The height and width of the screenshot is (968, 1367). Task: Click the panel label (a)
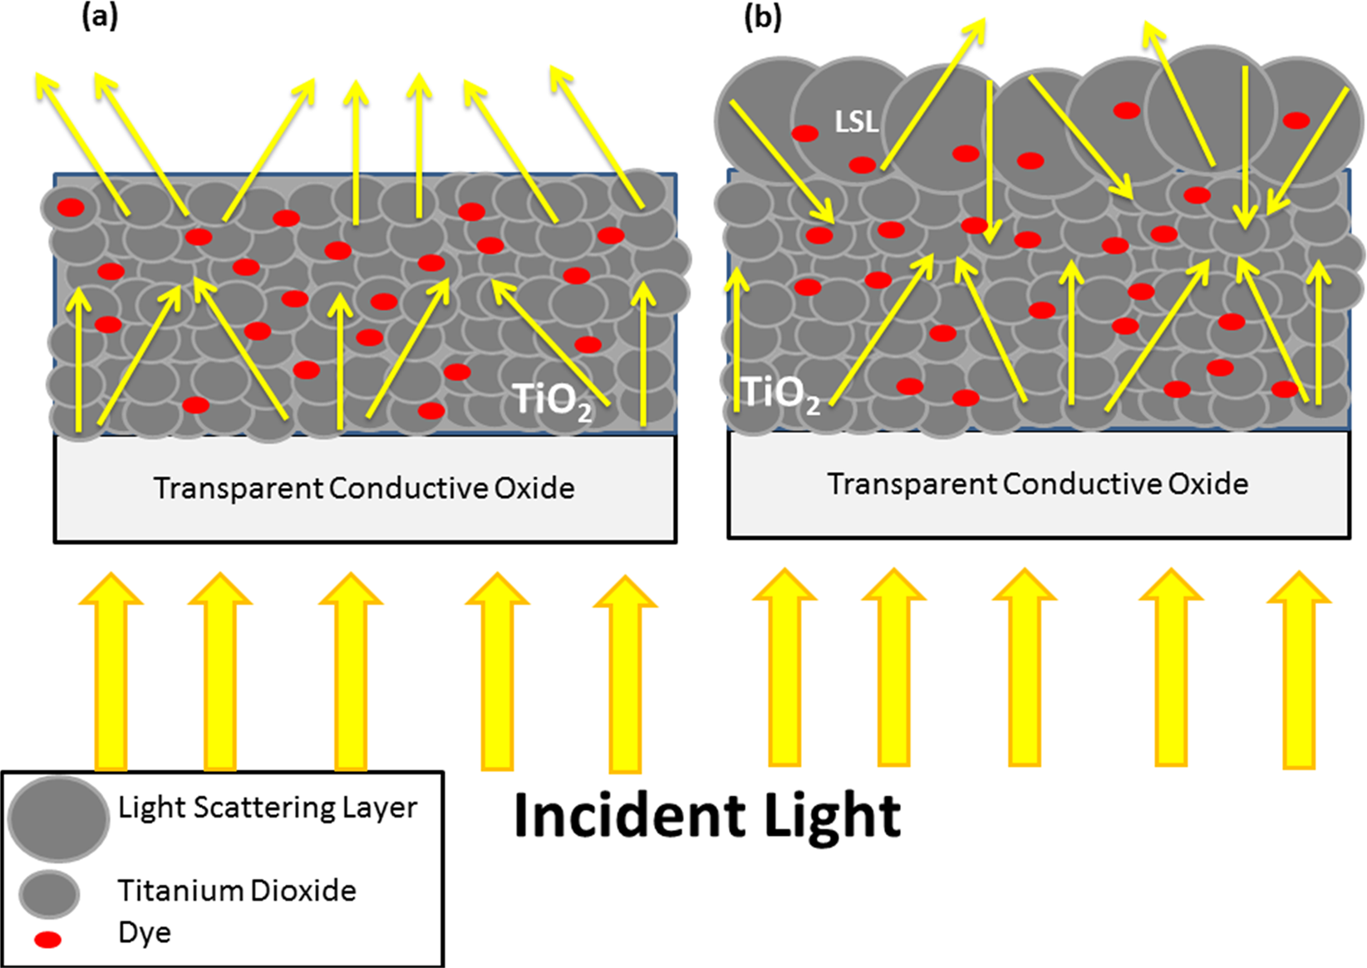click(x=101, y=16)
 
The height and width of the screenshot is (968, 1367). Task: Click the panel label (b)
click(x=763, y=16)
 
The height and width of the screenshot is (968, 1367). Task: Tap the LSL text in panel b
click(x=857, y=122)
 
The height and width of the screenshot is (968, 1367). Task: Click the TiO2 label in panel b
click(x=779, y=393)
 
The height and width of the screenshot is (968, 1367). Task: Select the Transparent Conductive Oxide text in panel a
click(x=364, y=488)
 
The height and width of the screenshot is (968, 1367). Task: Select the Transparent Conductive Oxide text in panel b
click(x=1038, y=484)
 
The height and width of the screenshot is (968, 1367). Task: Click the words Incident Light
click(x=707, y=815)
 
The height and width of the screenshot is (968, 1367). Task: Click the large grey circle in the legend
click(x=58, y=818)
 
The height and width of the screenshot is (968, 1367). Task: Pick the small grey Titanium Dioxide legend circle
click(x=50, y=894)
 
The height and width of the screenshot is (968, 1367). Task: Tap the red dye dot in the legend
click(x=47, y=940)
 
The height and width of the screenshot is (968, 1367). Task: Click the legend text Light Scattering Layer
click(x=268, y=808)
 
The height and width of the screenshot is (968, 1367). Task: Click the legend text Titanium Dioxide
click(x=237, y=891)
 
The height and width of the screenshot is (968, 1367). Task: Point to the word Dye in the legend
click(x=145, y=932)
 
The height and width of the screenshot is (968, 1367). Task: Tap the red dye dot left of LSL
click(x=804, y=133)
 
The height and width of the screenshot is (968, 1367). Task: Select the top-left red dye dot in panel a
click(x=71, y=207)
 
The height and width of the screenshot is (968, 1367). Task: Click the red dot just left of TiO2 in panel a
click(x=431, y=410)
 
